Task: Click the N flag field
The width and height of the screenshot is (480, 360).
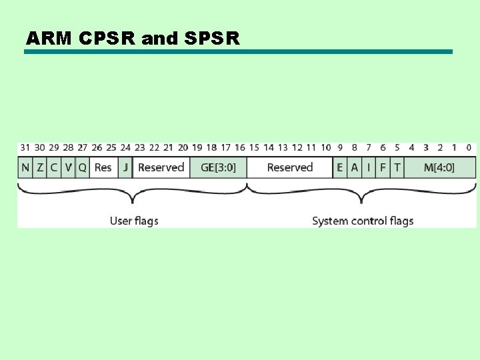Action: coord(25,167)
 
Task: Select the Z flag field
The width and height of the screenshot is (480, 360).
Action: coord(40,167)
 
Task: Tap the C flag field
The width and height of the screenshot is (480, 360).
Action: coord(54,167)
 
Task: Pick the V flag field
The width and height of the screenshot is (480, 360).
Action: coord(69,167)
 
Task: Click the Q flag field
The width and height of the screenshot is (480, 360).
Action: coord(83,167)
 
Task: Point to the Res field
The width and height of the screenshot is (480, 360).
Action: coord(103,167)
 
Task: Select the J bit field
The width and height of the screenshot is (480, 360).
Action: coord(125,167)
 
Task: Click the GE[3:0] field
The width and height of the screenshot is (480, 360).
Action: coord(218,167)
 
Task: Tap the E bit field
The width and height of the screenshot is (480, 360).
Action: coord(340,167)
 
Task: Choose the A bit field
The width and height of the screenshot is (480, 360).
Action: coord(355,167)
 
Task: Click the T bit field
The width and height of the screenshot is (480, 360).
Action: coord(397,167)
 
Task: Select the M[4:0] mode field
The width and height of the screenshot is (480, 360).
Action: coord(439,167)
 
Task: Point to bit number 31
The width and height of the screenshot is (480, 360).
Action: coord(25,147)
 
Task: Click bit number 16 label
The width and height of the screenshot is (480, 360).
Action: coord(240,147)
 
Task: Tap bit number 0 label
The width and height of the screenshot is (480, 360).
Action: coord(469,147)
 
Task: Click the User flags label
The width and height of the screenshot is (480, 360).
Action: coord(134,221)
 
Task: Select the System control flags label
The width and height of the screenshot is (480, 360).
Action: coord(363,221)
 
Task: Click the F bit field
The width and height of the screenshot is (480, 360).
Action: coord(383,167)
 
